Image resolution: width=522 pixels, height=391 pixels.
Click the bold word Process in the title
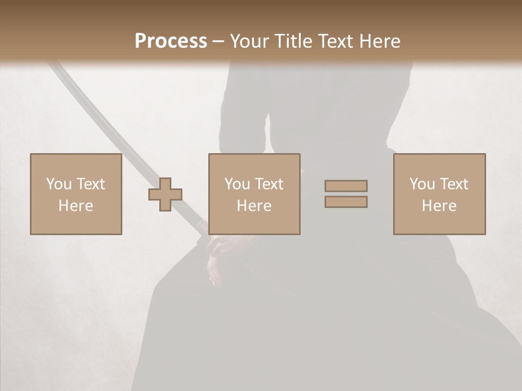[171, 41]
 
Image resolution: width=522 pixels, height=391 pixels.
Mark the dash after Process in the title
[218, 42]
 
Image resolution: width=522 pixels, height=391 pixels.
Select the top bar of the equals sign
[346, 186]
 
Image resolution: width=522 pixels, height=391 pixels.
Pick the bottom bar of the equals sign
[346, 202]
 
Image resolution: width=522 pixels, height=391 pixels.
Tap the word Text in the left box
[90, 184]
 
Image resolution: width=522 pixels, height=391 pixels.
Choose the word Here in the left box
[76, 206]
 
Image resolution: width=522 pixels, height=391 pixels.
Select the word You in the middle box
[237, 184]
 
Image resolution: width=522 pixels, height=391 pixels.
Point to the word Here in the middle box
[254, 206]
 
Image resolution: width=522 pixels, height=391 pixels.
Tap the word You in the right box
[422, 184]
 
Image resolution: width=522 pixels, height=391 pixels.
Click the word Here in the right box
[439, 206]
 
